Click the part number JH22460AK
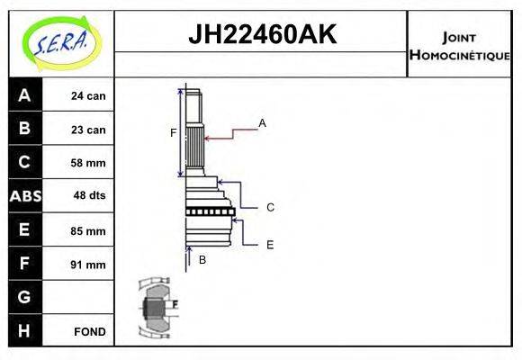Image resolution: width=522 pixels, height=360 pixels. click(261, 35)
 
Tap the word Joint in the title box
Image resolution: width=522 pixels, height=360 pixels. click(460, 37)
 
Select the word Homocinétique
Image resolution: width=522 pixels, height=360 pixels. click(460, 55)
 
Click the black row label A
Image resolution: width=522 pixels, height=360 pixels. click(24, 95)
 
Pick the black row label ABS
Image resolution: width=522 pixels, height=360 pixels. click(24, 196)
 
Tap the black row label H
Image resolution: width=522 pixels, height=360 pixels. click(24, 330)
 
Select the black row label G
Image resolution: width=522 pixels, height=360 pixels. click(24, 296)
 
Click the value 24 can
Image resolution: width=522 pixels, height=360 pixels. click(88, 96)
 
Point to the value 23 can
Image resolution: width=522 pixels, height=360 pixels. click(88, 130)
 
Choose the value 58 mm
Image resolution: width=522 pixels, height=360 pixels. click(88, 163)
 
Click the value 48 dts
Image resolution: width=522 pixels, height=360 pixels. click(88, 196)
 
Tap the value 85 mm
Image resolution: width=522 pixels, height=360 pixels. click(88, 230)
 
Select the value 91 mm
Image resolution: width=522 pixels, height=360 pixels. click(88, 265)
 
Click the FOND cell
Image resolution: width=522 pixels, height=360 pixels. click(89, 331)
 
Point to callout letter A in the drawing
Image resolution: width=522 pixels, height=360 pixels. click(262, 122)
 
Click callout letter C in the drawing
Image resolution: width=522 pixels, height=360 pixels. click(269, 207)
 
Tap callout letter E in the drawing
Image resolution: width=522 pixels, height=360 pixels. click(269, 244)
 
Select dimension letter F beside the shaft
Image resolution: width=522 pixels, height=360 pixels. click(173, 133)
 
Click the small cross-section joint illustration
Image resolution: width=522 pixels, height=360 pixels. click(156, 307)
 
